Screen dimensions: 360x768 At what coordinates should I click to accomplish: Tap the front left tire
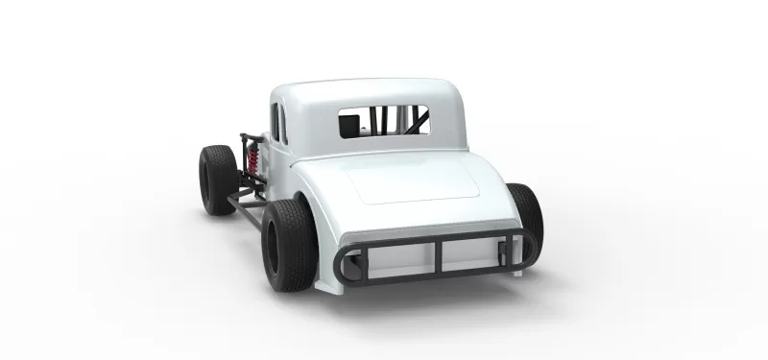coord(216,179)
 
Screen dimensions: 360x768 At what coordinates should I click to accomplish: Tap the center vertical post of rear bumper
coord(438,257)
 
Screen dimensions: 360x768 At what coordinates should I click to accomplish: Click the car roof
coord(365,93)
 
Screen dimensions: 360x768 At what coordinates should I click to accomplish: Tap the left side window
coord(278,123)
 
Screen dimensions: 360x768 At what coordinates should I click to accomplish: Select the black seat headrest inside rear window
coord(351,124)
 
